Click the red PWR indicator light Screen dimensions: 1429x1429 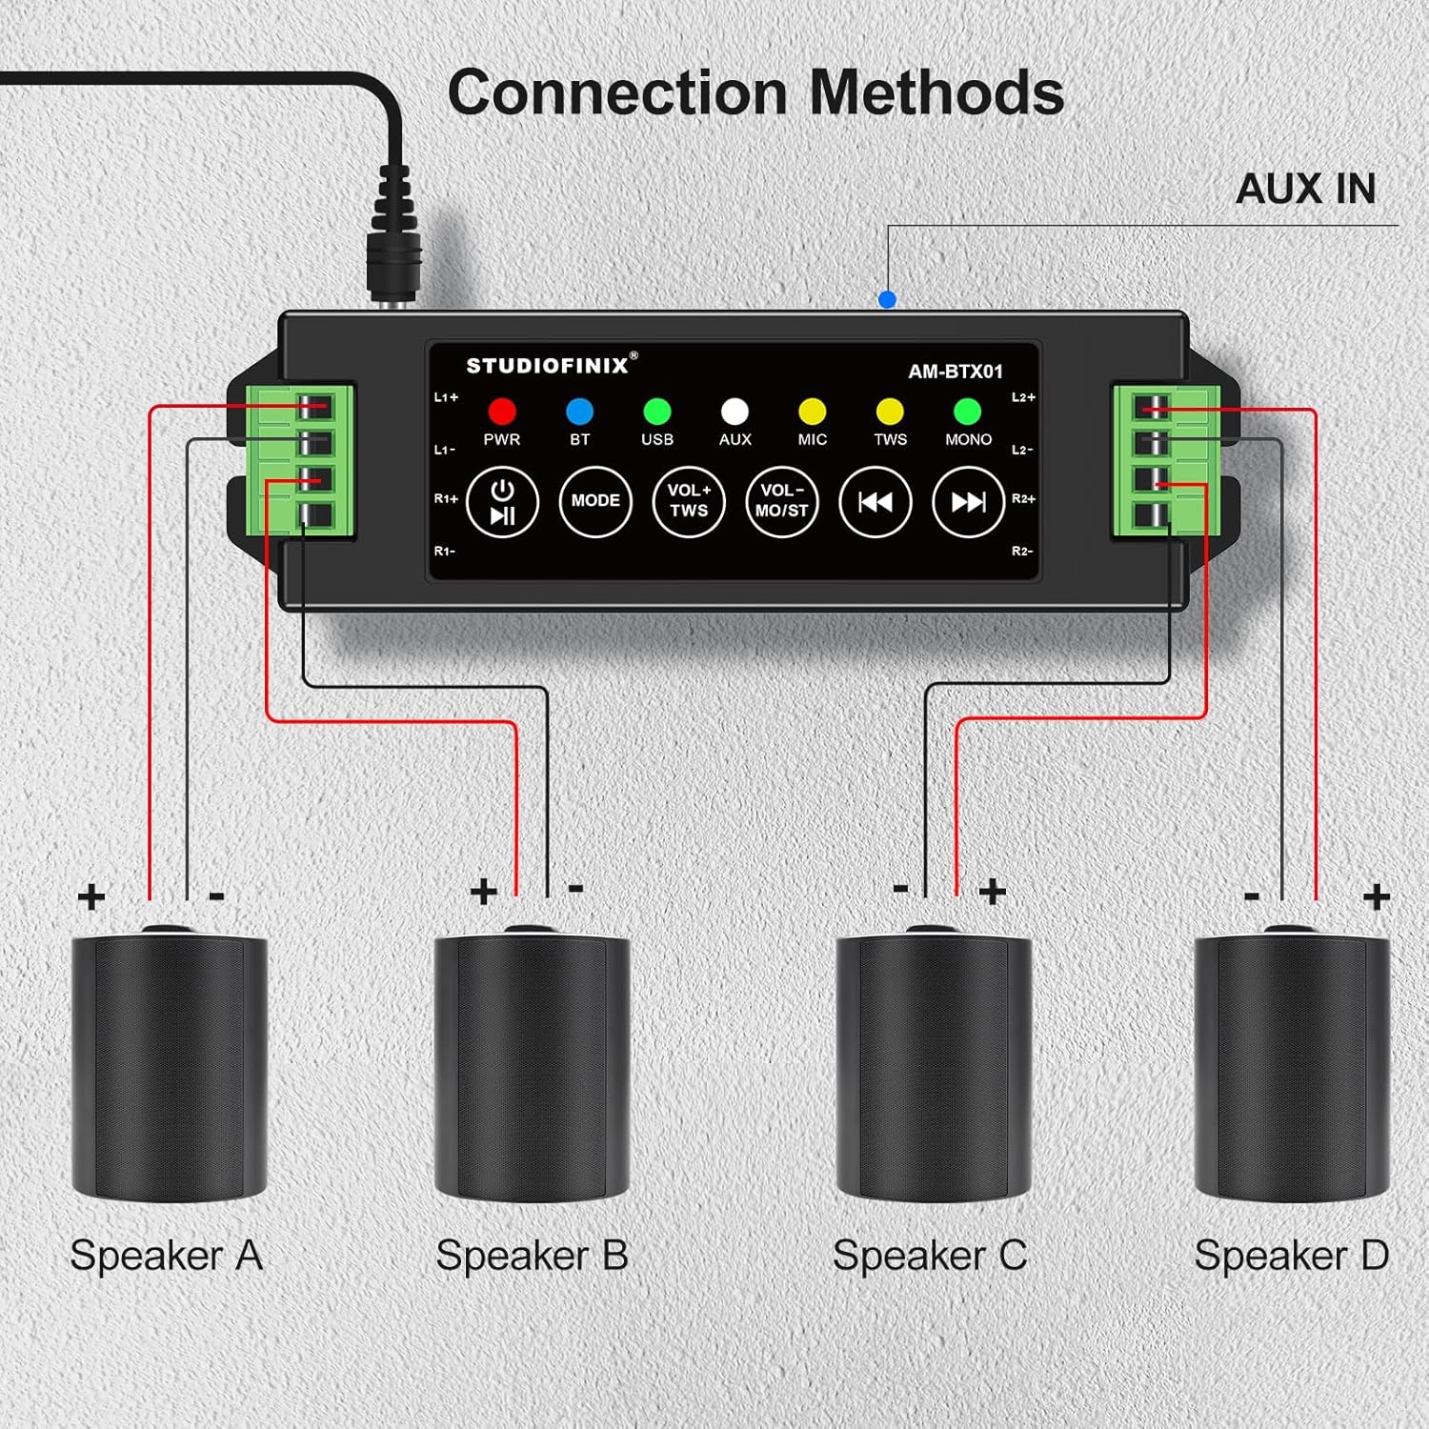[502, 411]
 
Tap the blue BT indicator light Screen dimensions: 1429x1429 [579, 411]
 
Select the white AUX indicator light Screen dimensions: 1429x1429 [735, 411]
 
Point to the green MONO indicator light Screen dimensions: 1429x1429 [967, 411]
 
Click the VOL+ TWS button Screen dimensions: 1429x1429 [689, 501]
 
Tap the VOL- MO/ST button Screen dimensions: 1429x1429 [782, 501]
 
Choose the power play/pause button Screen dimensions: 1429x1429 [502, 501]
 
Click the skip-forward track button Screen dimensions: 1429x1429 [968, 501]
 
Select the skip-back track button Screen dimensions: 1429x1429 [875, 501]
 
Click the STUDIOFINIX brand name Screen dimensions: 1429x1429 [548, 365]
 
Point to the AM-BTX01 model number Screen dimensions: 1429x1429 [955, 372]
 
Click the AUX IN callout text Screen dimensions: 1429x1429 [1305, 189]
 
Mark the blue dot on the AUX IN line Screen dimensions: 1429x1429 [887, 299]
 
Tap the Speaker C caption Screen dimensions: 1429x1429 [930, 1256]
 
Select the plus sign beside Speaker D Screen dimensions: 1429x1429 [1376, 896]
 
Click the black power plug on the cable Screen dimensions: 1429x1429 [394, 238]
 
